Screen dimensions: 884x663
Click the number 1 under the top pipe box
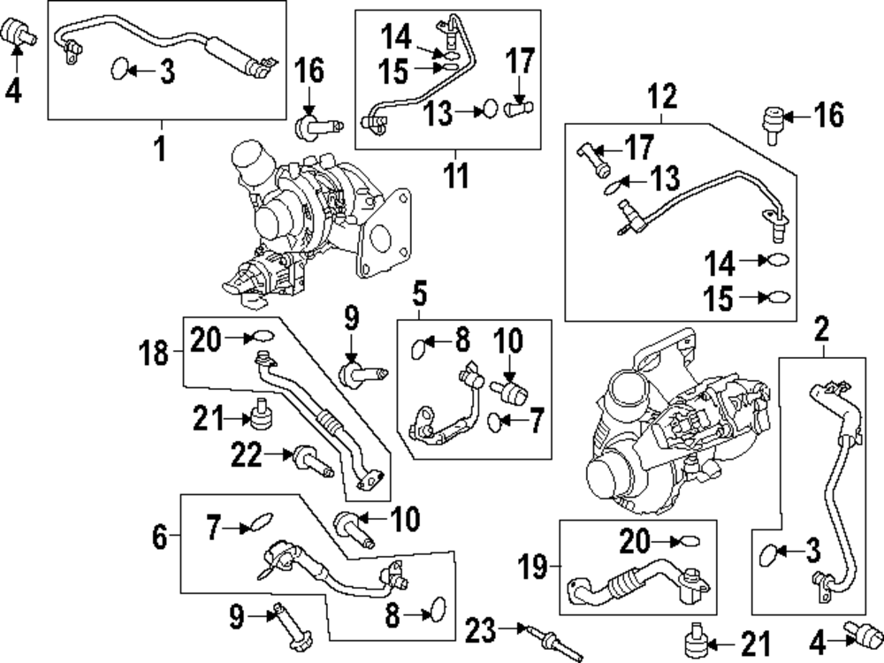(161, 149)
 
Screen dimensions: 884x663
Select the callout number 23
(480, 630)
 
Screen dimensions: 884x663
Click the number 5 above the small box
(419, 293)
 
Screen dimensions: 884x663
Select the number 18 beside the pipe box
(153, 354)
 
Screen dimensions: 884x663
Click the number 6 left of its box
(159, 537)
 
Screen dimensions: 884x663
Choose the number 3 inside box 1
(167, 72)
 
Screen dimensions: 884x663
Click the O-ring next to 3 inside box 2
(767, 555)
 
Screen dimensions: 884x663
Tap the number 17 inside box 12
(639, 147)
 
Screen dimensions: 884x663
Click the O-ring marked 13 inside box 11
(490, 108)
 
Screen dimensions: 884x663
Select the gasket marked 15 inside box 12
(779, 297)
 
